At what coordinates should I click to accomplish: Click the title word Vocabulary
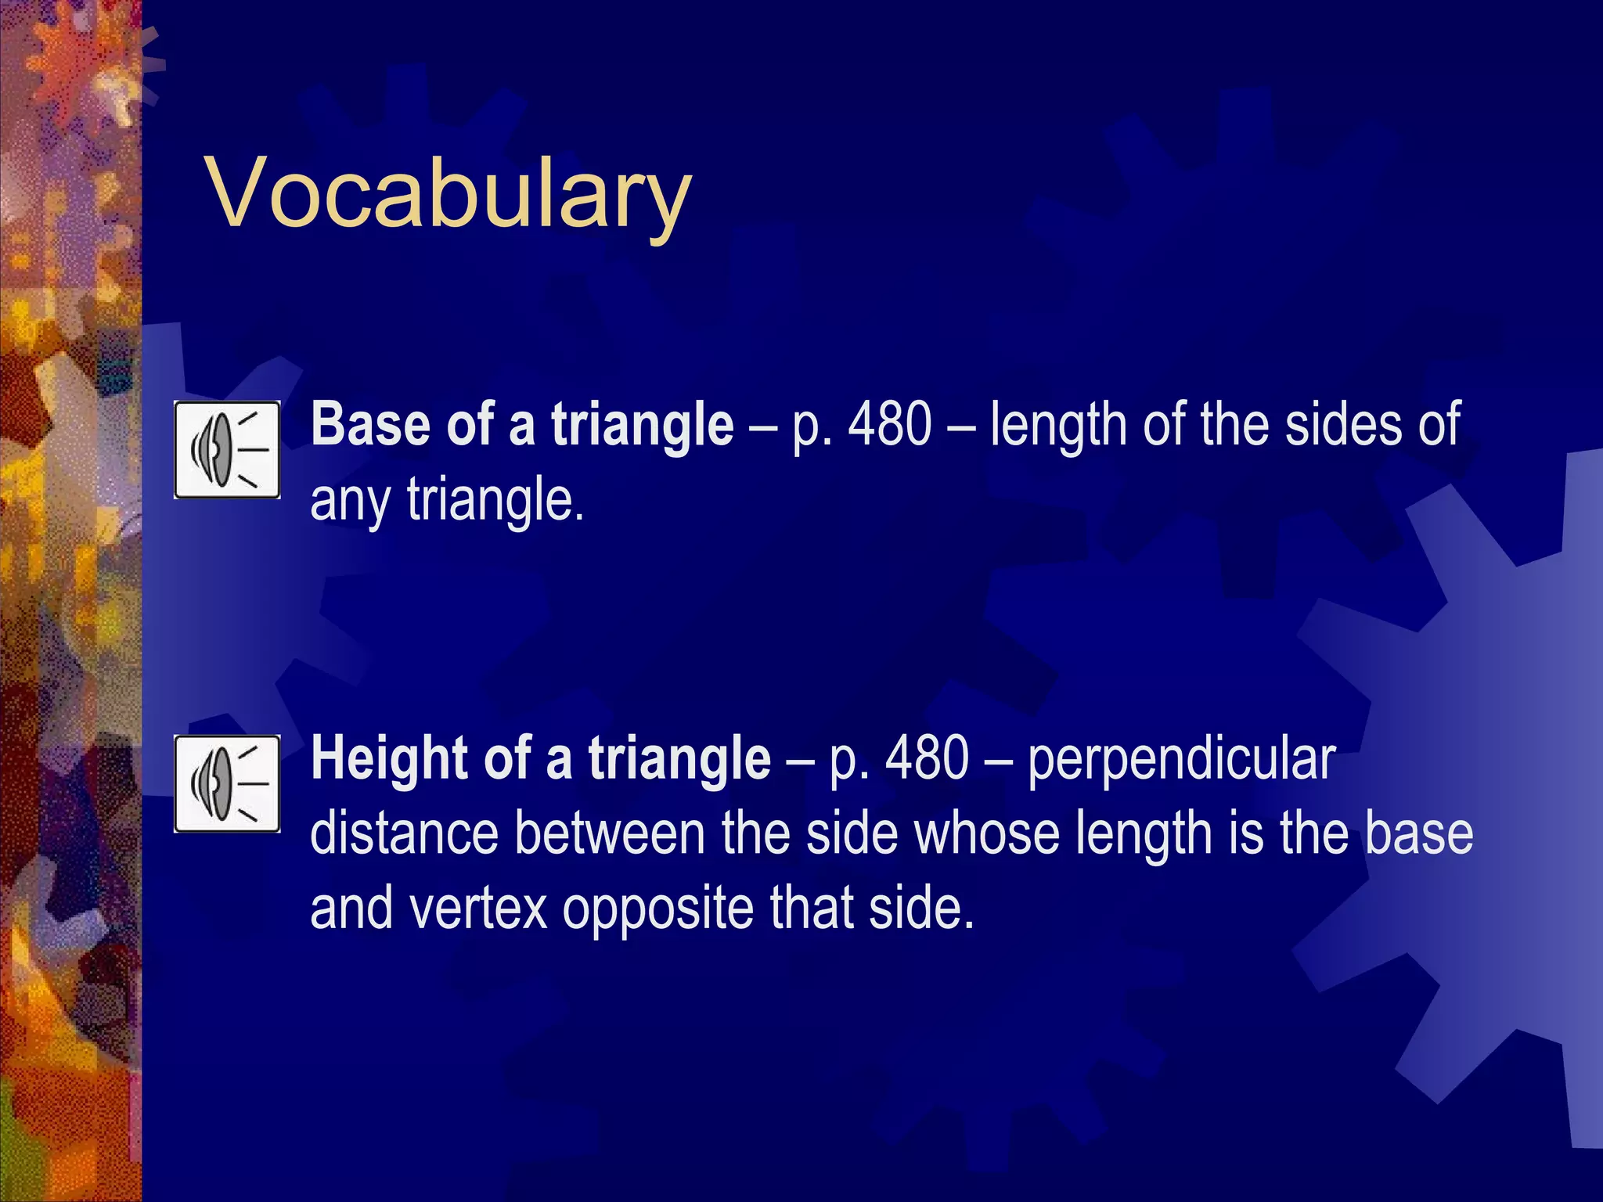tap(448, 193)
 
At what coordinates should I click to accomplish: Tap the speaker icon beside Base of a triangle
tap(227, 450)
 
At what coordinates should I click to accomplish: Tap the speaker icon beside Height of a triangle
tap(227, 783)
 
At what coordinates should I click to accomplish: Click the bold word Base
tap(369, 424)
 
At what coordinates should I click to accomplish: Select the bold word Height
tap(389, 758)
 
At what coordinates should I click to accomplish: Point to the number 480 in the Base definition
tap(891, 424)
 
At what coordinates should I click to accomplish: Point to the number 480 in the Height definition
tap(928, 758)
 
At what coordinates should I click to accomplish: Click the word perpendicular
tap(1181, 758)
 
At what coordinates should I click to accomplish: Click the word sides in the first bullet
tap(1340, 424)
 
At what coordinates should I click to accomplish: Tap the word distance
tap(404, 833)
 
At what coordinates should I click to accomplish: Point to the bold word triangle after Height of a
tap(679, 758)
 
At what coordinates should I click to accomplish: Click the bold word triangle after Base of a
tap(642, 424)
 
